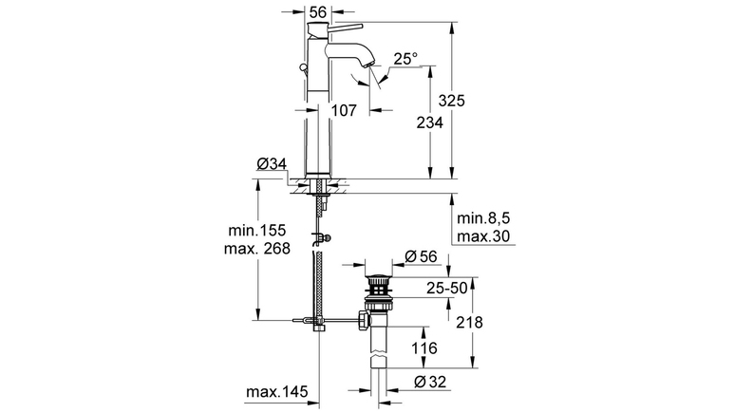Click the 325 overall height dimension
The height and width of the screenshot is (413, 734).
pyautogui.click(x=452, y=101)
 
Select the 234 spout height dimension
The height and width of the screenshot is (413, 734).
pyautogui.click(x=430, y=122)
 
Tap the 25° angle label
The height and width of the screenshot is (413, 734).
pyautogui.click(x=405, y=59)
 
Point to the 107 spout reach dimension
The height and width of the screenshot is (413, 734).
pyautogui.click(x=344, y=110)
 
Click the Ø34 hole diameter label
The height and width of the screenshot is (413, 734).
pyautogui.click(x=272, y=164)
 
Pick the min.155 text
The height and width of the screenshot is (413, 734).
pyautogui.click(x=257, y=231)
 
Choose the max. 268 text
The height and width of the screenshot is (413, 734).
pyautogui.click(x=257, y=248)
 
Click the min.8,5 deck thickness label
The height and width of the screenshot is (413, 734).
pyautogui.click(x=483, y=218)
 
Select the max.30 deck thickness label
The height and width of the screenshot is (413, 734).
pyautogui.click(x=483, y=236)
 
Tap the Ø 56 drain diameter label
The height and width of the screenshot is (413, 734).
pyautogui.click(x=421, y=256)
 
